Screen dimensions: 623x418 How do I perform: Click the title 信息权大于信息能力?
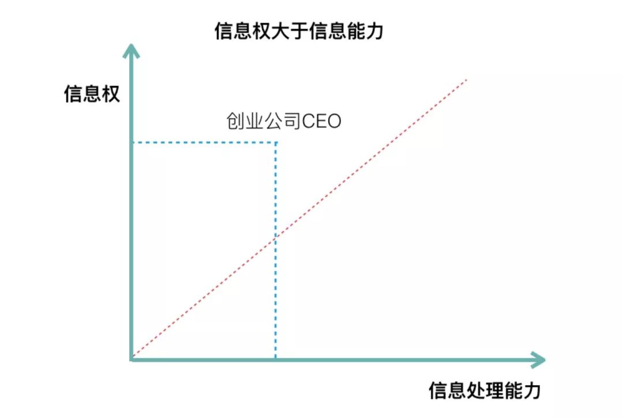tap(299, 31)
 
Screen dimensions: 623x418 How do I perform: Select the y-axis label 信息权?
tap(92, 94)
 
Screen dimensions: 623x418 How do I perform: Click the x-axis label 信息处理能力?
tap(485, 390)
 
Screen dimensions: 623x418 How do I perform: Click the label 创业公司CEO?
tap(283, 122)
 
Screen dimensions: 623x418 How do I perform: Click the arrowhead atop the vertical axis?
tap(132, 52)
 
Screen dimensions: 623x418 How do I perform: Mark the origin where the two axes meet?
tap(132, 360)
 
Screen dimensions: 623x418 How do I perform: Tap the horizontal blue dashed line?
tap(202, 142)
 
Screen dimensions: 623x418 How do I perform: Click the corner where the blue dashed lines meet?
tap(276, 142)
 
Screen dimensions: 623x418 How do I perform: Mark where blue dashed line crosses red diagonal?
tap(276, 236)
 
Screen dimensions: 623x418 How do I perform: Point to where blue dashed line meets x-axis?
tap(276, 360)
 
